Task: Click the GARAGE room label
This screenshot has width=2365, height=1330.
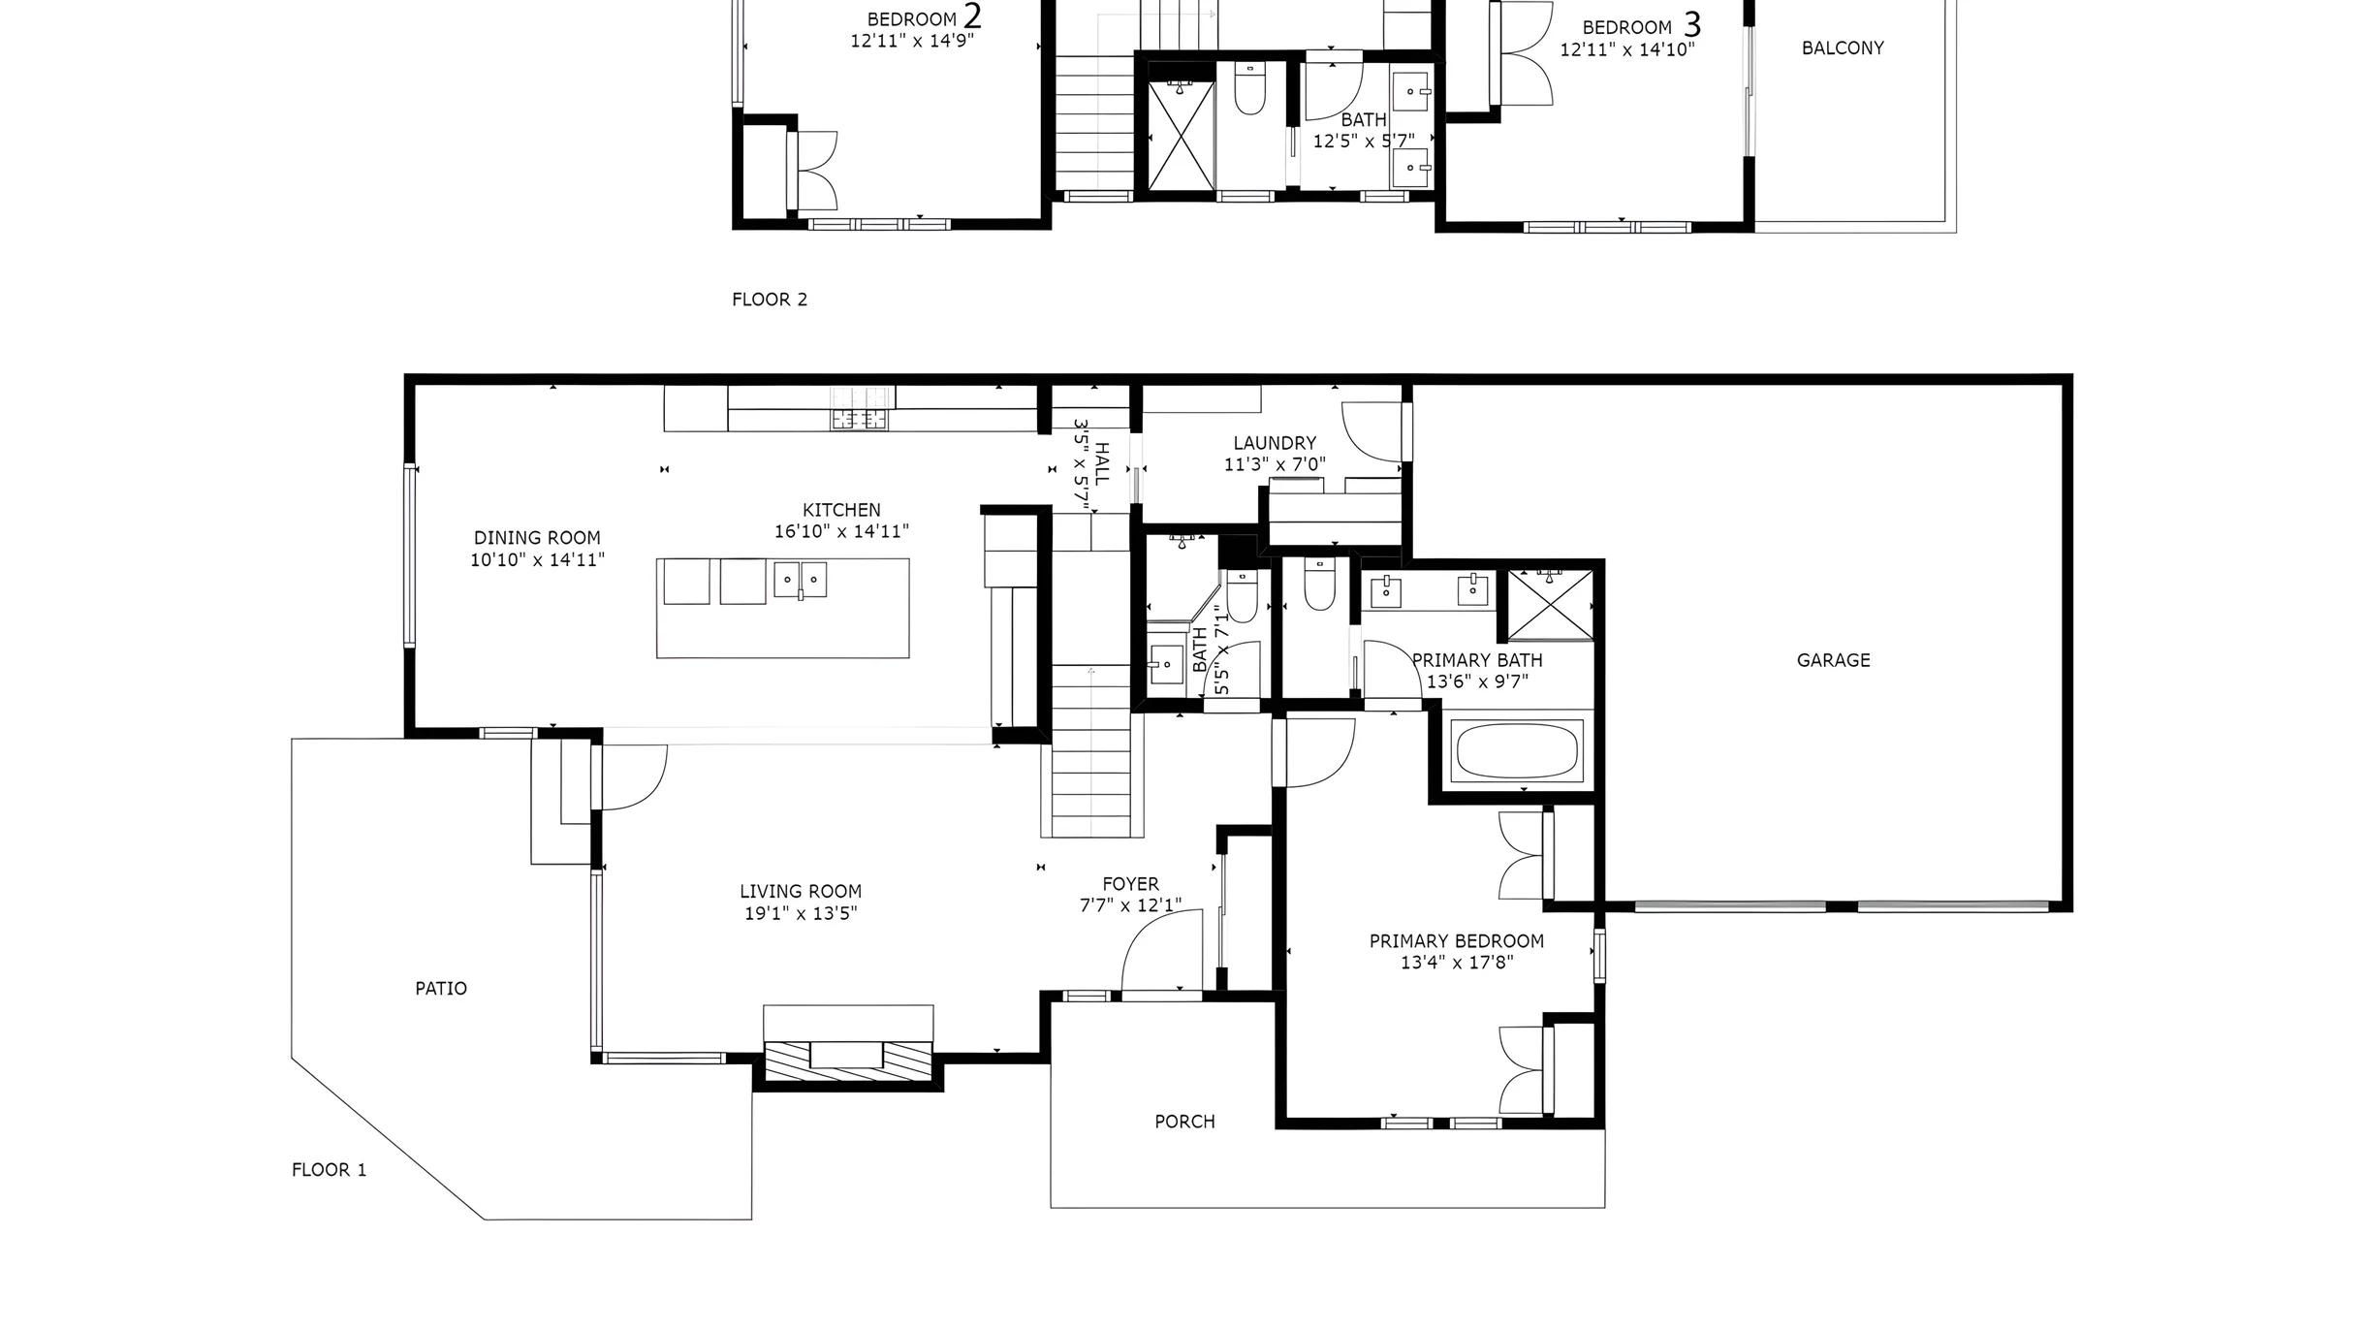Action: click(x=1833, y=660)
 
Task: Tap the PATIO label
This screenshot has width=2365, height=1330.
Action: click(x=441, y=988)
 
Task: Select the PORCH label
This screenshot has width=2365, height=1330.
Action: click(x=1184, y=1122)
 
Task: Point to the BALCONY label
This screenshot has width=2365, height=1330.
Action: click(x=1843, y=47)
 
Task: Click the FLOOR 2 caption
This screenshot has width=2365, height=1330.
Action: click(x=770, y=300)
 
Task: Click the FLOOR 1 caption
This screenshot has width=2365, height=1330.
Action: click(x=330, y=1170)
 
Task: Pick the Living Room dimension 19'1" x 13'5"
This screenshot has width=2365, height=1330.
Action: click(x=801, y=913)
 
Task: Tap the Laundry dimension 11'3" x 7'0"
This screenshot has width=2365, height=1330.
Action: click(x=1275, y=464)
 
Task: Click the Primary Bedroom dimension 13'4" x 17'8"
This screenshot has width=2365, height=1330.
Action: click(x=1457, y=963)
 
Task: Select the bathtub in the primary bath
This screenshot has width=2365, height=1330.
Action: click(x=1517, y=751)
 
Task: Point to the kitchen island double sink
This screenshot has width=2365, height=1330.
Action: click(x=800, y=580)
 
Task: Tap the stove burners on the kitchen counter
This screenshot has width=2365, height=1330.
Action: click(x=859, y=420)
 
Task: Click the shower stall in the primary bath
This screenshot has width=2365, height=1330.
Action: click(x=1551, y=605)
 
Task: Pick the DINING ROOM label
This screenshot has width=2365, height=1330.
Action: click(x=537, y=538)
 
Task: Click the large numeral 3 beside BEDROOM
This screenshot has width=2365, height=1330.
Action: click(x=1691, y=24)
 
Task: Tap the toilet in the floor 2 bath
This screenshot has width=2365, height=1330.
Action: click(x=1249, y=88)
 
